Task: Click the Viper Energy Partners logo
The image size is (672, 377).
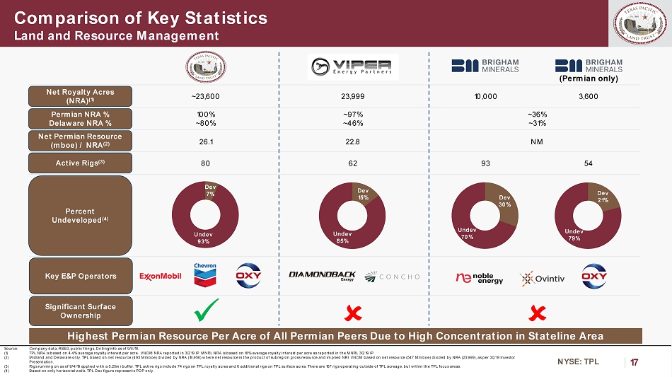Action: tap(352, 67)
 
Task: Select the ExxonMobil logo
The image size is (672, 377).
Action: tap(161, 276)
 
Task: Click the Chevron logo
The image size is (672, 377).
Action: tap(206, 275)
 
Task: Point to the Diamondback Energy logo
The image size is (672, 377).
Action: tap(322, 276)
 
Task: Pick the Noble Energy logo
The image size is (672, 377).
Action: tap(480, 277)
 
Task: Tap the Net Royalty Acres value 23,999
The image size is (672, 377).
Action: tap(352, 96)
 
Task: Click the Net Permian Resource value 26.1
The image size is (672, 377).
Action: tap(206, 141)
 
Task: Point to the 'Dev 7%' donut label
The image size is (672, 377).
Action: tap(210, 190)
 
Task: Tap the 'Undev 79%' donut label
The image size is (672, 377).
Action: tap(574, 235)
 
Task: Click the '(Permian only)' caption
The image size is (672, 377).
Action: tap(589, 79)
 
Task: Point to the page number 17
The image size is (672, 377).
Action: tap(634, 363)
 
